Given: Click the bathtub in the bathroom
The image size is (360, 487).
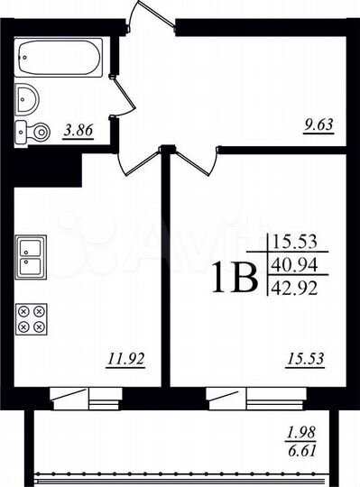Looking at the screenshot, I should click(x=59, y=60).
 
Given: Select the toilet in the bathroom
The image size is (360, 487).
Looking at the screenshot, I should click(x=34, y=130).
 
